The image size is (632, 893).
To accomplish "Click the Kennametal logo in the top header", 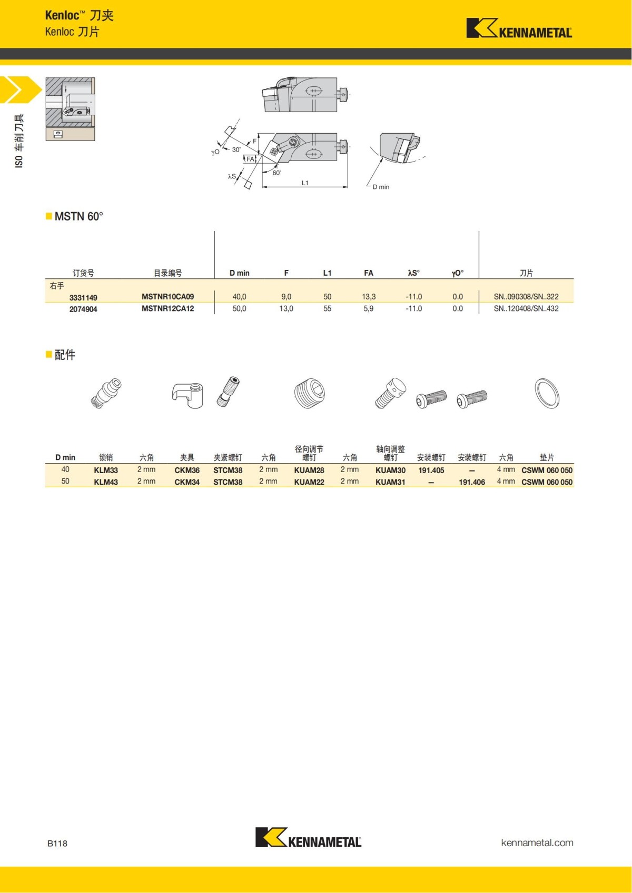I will point(519,28).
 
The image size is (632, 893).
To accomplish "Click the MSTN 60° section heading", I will point(78,217).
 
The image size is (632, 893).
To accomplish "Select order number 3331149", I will point(83,297).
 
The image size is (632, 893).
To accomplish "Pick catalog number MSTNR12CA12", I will point(167,309).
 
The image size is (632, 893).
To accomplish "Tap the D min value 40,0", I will point(239,297).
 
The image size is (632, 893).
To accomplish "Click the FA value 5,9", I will point(368,309).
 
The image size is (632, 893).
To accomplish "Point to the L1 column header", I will point(327,273).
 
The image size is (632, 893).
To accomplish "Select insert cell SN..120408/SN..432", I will point(526,309).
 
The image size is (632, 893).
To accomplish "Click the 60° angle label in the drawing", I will point(276,173).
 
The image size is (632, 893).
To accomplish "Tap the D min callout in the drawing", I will point(381,187).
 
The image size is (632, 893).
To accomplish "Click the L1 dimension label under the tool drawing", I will point(305,183).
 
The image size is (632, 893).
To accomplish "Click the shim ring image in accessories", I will point(547,393).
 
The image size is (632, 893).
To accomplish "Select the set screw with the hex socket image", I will point(309,393).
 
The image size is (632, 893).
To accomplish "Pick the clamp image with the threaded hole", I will point(187,394).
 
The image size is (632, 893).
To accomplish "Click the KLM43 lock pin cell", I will point(106,482).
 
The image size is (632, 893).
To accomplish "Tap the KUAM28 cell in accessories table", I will point(309,470).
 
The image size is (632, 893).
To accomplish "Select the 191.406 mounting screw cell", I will point(471,482).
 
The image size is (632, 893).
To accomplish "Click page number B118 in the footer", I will point(57,844).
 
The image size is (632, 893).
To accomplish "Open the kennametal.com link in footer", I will point(537,842).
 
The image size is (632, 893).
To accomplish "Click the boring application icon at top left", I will point(70,109).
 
